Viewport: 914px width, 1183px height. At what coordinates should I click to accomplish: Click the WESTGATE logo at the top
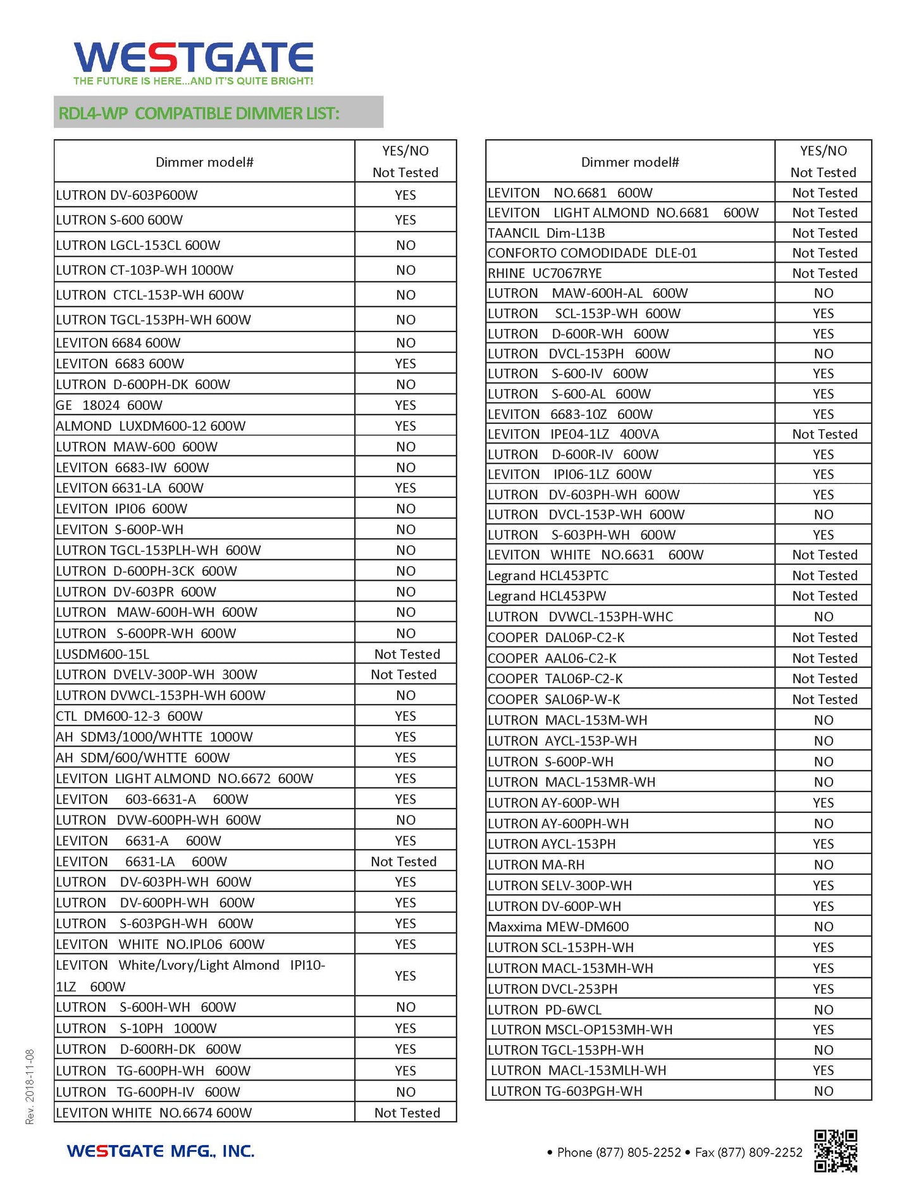point(193,59)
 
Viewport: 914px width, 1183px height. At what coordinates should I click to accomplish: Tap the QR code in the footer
point(835,1151)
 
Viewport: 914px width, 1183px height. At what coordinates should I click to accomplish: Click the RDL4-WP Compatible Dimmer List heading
point(199,113)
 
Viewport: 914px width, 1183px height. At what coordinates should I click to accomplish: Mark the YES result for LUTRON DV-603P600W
point(405,195)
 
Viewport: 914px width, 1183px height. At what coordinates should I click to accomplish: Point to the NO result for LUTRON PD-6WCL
point(823,1010)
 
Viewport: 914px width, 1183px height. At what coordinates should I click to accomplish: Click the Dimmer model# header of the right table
point(630,162)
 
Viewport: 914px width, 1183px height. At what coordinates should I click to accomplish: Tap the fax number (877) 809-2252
point(749,1153)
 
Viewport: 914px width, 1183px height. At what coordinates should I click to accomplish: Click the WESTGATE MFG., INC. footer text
point(161,1151)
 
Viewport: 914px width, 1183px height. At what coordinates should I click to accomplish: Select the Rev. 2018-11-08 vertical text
point(30,1087)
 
